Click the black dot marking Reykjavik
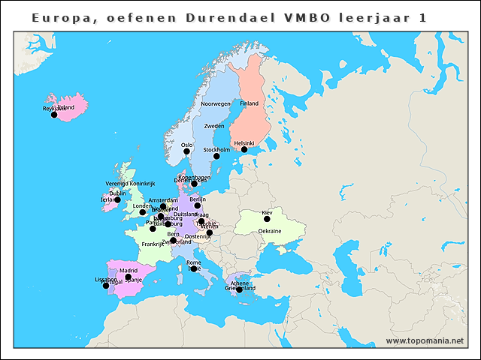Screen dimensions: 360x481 tap(54, 115)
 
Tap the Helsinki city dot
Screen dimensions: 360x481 tap(244, 150)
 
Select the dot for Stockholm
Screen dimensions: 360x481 tap(216, 156)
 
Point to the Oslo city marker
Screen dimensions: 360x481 tap(187, 151)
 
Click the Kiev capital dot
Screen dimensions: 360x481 tap(267, 219)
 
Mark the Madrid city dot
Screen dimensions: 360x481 tap(129, 277)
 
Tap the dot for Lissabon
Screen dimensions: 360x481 tap(105, 286)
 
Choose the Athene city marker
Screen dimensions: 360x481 tap(240, 289)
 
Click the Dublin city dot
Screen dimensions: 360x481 tap(117, 199)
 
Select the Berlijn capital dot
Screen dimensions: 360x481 tap(198, 205)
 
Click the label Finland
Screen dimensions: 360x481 tap(249, 103)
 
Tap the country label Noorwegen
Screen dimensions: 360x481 tap(216, 103)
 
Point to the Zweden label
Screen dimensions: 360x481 tap(214, 126)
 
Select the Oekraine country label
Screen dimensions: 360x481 tap(270, 232)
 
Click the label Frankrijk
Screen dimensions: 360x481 tap(153, 244)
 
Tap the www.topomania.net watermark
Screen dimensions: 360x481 tap(425, 340)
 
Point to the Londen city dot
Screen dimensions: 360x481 tap(143, 212)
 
